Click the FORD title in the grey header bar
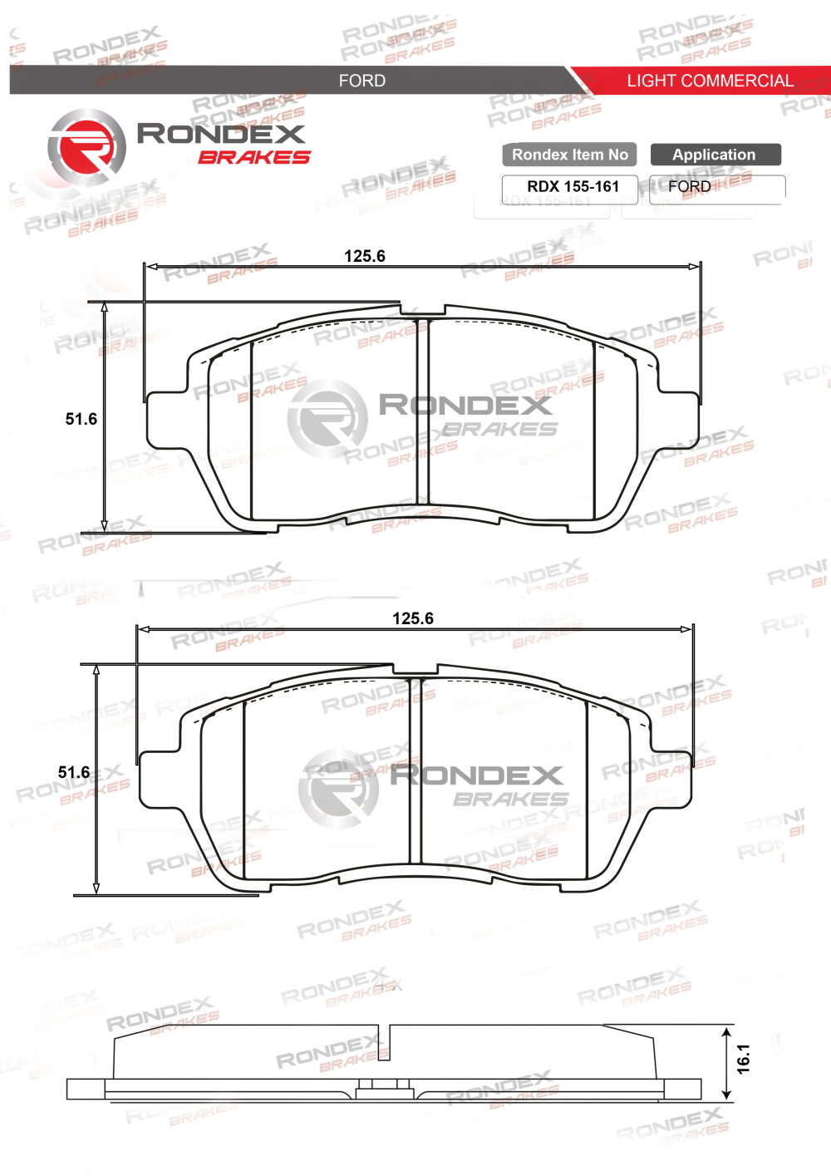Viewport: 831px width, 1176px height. [361, 81]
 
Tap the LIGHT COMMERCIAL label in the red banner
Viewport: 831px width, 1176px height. [710, 81]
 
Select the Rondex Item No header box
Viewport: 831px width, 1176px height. [569, 155]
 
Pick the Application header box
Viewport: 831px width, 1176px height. [715, 155]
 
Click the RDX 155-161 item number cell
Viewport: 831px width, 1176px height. [573, 187]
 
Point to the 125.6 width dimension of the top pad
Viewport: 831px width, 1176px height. [365, 256]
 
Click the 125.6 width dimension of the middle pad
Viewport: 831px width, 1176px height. [413, 618]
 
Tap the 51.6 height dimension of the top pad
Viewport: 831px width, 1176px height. [81, 419]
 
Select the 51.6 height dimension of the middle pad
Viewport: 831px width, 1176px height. [74, 772]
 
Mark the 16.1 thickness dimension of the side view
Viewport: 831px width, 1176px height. [743, 1059]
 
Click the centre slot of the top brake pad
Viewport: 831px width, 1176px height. [422, 411]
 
